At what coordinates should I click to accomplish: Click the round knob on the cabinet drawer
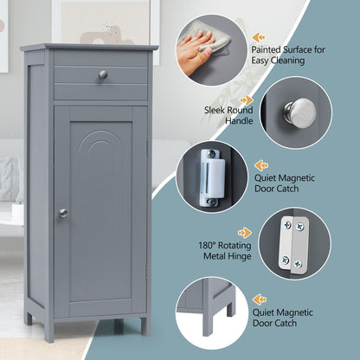click(x=103, y=75)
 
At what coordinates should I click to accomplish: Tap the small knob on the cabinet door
click(x=62, y=213)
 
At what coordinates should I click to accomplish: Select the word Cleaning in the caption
click(x=309, y=49)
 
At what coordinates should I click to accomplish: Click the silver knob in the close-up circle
click(x=300, y=111)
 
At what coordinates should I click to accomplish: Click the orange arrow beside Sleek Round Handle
click(x=247, y=100)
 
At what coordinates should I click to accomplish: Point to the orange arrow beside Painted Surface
click(x=259, y=37)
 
